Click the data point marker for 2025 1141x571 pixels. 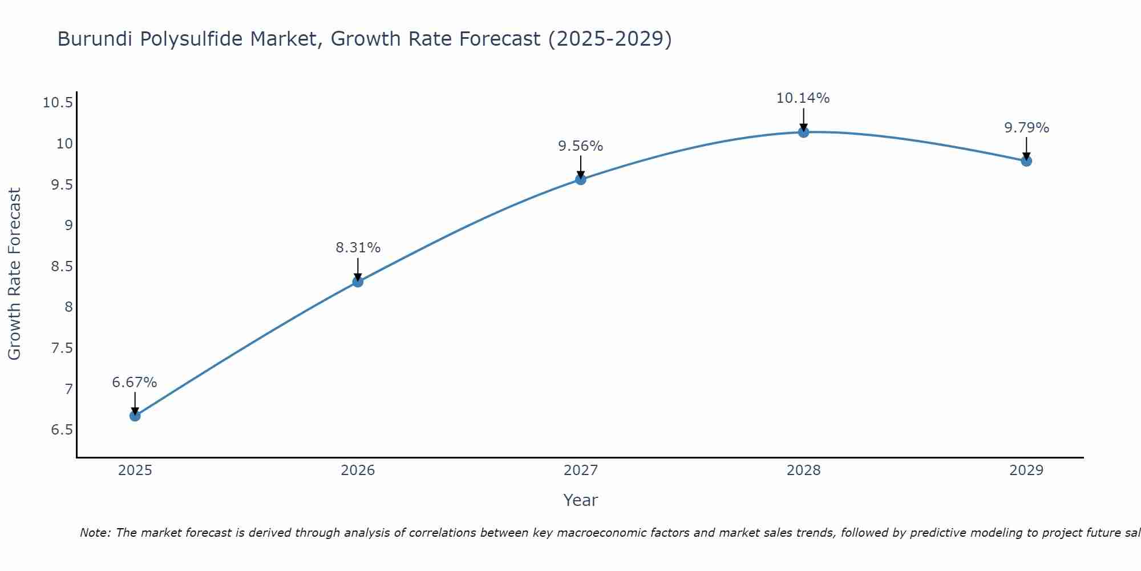coord(135,416)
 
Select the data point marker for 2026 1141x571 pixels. coord(358,282)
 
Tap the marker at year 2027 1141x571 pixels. coord(581,179)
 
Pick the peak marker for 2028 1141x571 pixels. coord(803,132)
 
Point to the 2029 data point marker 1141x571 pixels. coord(1026,161)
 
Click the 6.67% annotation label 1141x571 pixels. coord(135,383)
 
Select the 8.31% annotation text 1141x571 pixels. coord(358,248)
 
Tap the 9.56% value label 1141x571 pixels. coord(581,146)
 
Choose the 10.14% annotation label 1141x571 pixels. coord(803,98)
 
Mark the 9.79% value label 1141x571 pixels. coord(1026,128)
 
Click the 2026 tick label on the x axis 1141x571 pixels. coord(358,471)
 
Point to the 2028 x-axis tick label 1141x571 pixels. coord(803,471)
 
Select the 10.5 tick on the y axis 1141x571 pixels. coord(58,103)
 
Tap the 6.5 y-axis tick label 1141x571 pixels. coord(62,430)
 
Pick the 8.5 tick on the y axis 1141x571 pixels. coord(62,267)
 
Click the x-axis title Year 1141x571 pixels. coord(580,500)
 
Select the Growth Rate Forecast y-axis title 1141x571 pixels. coord(14,274)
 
